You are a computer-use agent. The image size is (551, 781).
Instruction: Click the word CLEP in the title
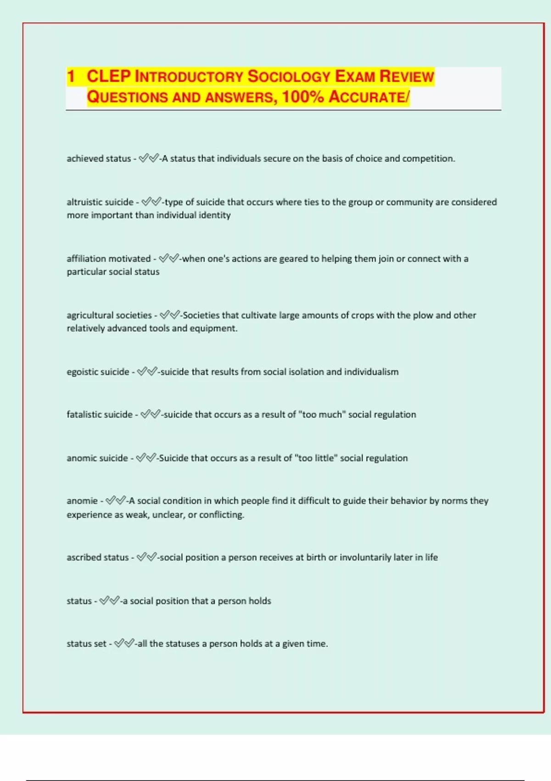[x=109, y=76]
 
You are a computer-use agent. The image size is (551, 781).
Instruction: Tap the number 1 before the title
[x=71, y=76]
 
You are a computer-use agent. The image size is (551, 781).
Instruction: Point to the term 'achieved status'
[x=99, y=158]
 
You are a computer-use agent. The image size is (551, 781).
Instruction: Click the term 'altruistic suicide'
[x=100, y=202]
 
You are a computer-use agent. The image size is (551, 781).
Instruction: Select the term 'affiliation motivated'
[x=108, y=259]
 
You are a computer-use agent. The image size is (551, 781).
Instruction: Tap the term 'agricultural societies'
[x=109, y=315]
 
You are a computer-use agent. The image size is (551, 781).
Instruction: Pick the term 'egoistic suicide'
[x=98, y=372]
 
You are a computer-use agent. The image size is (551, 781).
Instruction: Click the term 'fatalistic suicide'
[x=99, y=414]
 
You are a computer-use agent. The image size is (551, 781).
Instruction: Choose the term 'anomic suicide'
[x=97, y=458]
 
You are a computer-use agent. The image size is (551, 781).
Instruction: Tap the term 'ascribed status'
[x=97, y=557]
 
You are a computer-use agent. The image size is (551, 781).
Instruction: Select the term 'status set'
[x=86, y=644]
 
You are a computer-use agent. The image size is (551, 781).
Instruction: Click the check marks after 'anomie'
[x=116, y=501]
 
